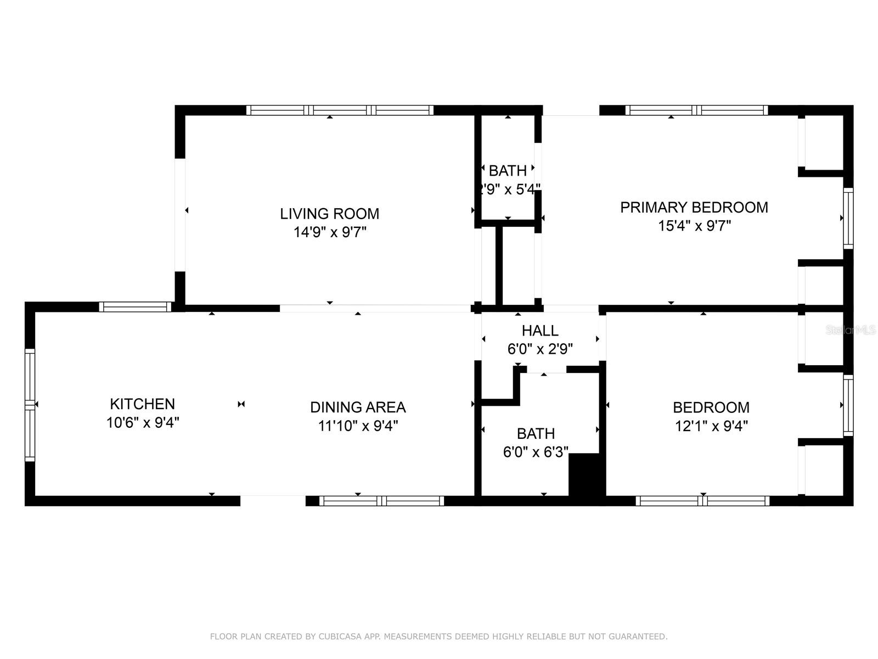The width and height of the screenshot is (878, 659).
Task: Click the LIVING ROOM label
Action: [x=329, y=214]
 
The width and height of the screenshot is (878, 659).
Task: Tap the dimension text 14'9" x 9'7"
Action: [x=329, y=232]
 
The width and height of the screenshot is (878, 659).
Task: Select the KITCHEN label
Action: [x=142, y=404]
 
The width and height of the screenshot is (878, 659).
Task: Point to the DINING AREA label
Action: [x=358, y=407]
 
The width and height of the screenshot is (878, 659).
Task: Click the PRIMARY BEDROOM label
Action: [x=694, y=208]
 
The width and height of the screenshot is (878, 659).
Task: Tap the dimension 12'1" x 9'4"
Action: [x=711, y=426]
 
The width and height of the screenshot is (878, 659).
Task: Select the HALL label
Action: [x=540, y=331]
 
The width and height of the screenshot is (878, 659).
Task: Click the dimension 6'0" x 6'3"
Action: [x=536, y=452]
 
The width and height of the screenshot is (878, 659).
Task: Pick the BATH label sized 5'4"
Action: [x=508, y=171]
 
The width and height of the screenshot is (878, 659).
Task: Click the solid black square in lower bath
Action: [x=586, y=474]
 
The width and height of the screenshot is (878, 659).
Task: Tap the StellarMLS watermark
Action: [x=851, y=330]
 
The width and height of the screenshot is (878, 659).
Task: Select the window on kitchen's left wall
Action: [x=30, y=405]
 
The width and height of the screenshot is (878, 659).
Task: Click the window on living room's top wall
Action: [x=340, y=110]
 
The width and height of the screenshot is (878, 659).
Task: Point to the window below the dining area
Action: [x=381, y=501]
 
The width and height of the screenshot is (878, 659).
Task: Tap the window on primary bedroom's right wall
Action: [x=848, y=218]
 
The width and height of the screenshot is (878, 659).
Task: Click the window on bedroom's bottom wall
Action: [x=702, y=501]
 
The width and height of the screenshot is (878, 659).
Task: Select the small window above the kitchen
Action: [x=135, y=307]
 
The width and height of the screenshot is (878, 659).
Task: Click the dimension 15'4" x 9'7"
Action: [x=694, y=226]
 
